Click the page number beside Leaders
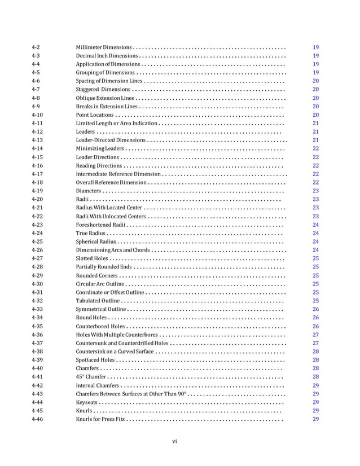[315, 131]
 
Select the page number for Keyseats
[315, 402]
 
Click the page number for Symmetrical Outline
[315, 309]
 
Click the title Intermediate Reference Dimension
[118, 174]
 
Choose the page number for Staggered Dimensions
[315, 89]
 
